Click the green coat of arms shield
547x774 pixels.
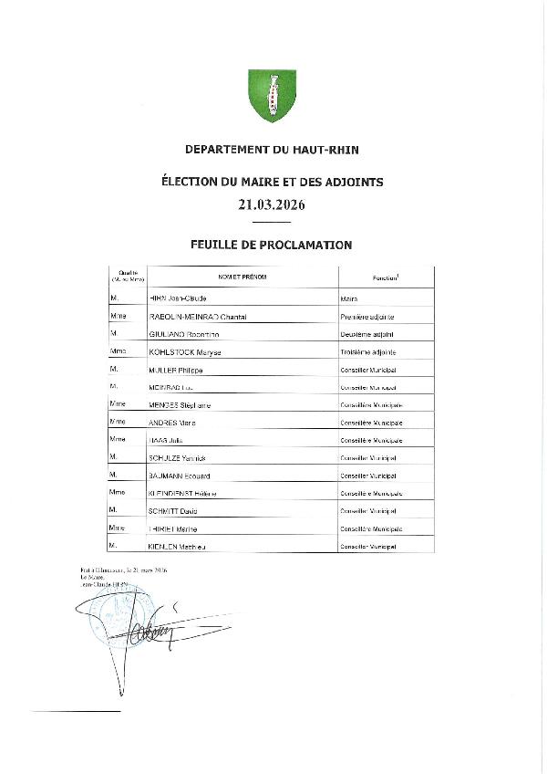273,95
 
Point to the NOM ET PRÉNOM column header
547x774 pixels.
243,277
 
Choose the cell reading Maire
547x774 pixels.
348,299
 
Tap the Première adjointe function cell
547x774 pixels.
367,317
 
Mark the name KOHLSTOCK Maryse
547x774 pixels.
186,352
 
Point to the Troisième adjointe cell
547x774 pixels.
367,352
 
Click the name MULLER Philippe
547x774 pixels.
176,371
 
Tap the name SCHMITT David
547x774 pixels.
173,511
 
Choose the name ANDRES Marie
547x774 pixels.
173,423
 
